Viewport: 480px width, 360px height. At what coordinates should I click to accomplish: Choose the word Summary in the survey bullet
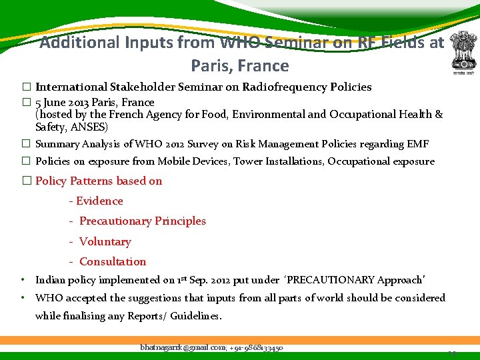[57, 144]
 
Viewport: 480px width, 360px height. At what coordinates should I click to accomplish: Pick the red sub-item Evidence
[99, 201]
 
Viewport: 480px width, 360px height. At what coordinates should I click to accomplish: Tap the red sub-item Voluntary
[105, 241]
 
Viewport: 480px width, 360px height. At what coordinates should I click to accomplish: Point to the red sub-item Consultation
[113, 261]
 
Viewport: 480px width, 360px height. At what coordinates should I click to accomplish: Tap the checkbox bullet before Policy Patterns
[27, 181]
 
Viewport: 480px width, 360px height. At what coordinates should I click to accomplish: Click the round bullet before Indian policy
[23, 280]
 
